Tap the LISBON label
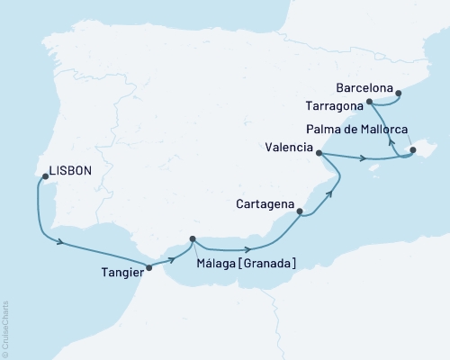(x=70, y=167)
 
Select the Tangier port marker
(x=149, y=267)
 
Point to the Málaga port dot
(x=193, y=239)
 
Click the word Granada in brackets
(x=266, y=262)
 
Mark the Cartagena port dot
(x=300, y=213)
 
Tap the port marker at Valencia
(x=319, y=154)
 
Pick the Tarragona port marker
(x=371, y=103)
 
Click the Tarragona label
(x=335, y=105)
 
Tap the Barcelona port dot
(x=399, y=90)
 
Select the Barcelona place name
(x=364, y=89)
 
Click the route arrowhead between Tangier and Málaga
(x=172, y=257)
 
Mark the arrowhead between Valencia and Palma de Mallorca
(x=363, y=160)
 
